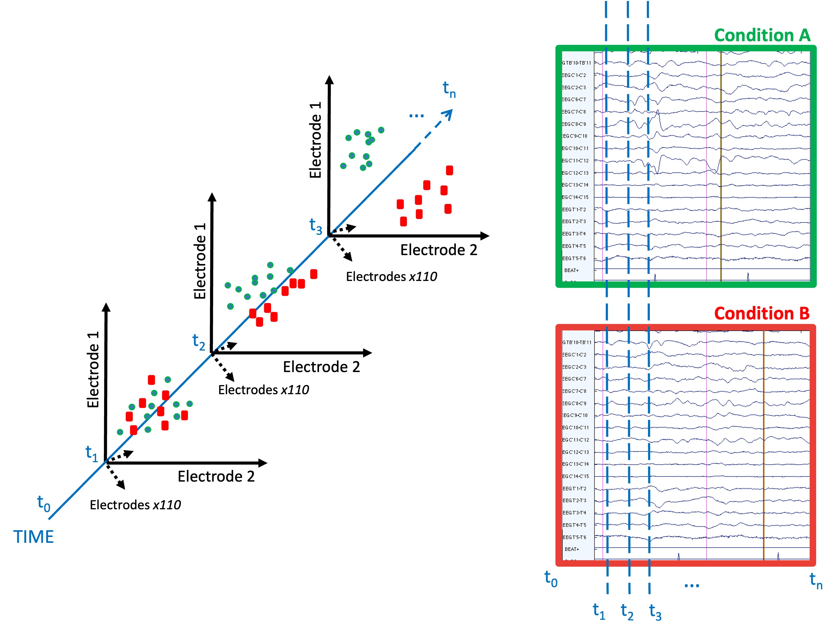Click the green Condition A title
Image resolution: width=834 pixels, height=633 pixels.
click(762, 35)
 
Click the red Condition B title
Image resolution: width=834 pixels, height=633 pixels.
click(762, 314)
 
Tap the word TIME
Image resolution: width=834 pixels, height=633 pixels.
click(34, 537)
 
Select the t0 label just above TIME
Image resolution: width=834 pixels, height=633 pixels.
click(44, 504)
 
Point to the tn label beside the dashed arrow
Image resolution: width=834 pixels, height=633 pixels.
click(449, 90)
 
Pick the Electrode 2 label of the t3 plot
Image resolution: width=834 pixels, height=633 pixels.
click(439, 250)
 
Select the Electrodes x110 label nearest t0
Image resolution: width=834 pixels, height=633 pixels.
click(135, 505)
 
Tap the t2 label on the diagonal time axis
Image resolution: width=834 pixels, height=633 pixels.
click(199, 342)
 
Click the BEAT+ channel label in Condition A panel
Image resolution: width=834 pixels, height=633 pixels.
click(571, 270)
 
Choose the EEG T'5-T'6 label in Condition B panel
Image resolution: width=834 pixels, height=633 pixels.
click(574, 537)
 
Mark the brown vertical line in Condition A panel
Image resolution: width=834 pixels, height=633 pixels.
click(721, 166)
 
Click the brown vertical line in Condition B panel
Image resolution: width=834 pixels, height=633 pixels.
click(763, 445)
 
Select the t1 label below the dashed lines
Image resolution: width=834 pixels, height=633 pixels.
click(599, 611)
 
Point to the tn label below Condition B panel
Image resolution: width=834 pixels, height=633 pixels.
click(816, 580)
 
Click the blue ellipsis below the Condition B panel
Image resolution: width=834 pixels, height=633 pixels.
click(691, 586)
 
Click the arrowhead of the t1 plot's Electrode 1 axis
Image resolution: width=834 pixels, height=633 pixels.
click(106, 307)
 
